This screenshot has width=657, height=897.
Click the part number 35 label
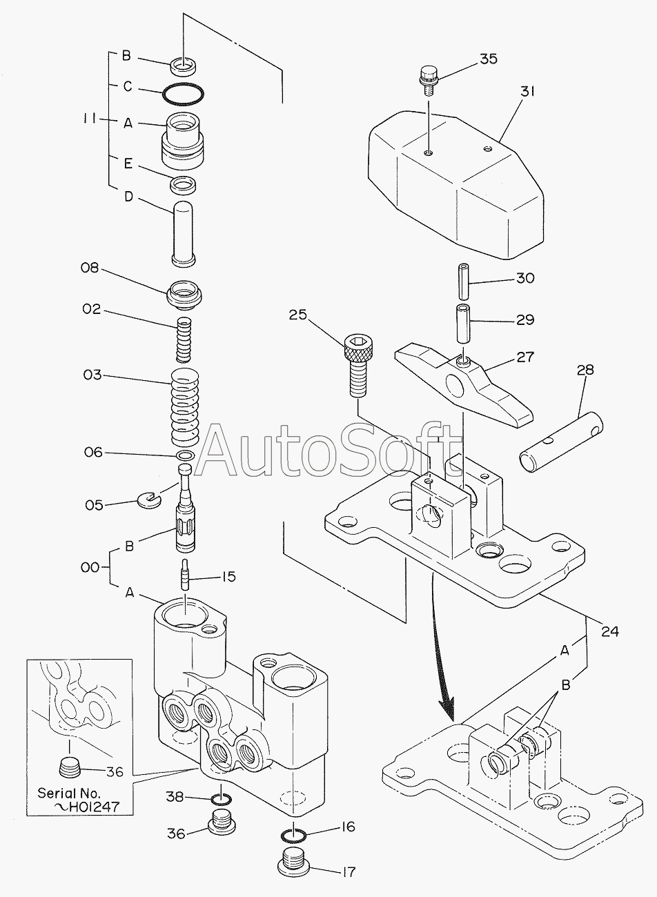[x=488, y=59]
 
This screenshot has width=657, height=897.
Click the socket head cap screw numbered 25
[x=358, y=363]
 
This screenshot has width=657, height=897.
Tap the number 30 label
[x=525, y=278]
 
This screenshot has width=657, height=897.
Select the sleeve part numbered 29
[x=462, y=321]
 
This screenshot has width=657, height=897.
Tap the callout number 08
[x=90, y=268]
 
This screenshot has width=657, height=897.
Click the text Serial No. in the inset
[x=69, y=793]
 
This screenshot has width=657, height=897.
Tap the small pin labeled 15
[x=186, y=575]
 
